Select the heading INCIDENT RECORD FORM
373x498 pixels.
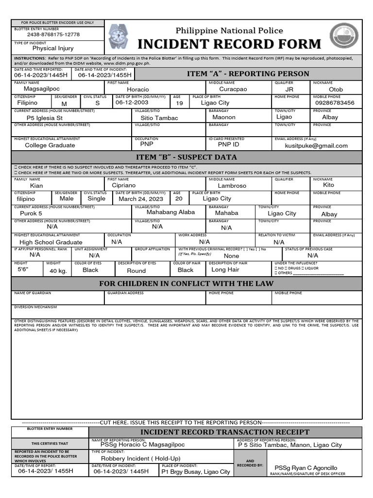tap(229, 44)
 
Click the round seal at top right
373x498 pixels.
tap(345, 37)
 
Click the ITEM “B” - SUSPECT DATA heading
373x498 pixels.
tap(187, 157)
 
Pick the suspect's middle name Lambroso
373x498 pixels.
tap(232, 186)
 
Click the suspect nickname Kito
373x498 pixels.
tap(329, 185)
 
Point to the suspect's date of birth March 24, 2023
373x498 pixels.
tap(140, 198)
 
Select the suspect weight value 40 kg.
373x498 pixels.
tap(58, 271)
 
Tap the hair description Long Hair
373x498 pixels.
tap(225, 269)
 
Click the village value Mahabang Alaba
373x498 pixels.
tap(170, 212)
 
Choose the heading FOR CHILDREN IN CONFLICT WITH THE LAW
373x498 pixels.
tap(186, 284)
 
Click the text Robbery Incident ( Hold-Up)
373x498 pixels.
tap(140, 458)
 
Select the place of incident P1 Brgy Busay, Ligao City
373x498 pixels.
tap(196, 472)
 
